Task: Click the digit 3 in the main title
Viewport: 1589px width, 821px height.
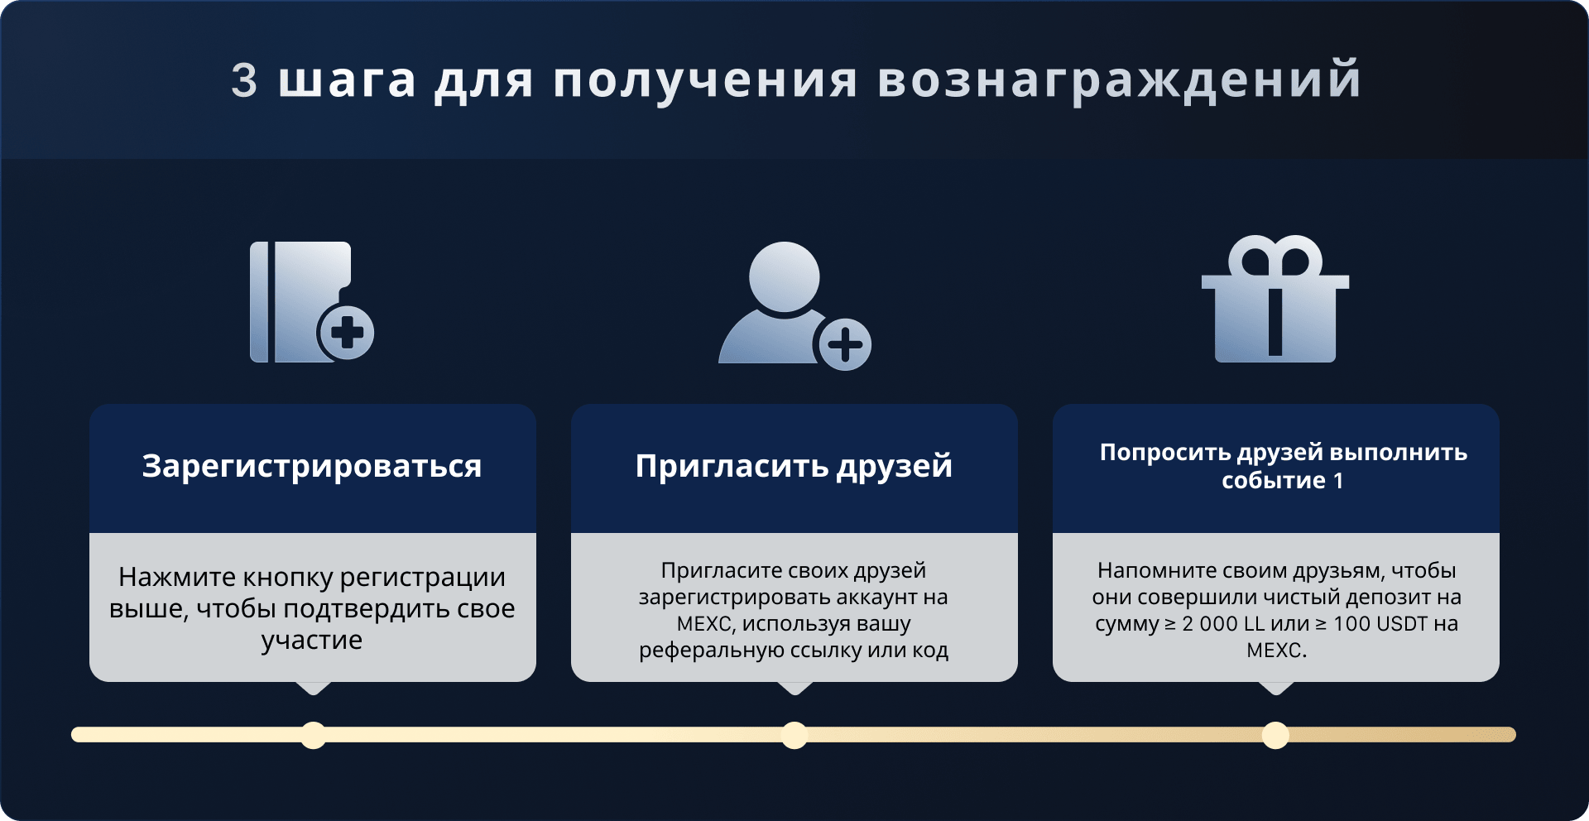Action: tap(244, 80)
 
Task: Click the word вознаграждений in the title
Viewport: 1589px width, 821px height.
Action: tap(1119, 81)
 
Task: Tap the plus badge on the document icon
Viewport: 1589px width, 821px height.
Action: tap(347, 334)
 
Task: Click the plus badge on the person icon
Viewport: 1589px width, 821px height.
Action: tap(844, 344)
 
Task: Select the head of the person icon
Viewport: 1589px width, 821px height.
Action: tap(785, 276)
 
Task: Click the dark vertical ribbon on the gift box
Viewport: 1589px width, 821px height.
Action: tap(1275, 321)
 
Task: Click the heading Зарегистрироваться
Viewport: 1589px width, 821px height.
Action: tap(312, 467)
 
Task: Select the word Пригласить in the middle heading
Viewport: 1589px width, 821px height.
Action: tap(731, 467)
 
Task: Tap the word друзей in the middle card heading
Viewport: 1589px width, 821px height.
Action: tap(895, 467)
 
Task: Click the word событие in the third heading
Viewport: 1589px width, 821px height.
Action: tap(1274, 481)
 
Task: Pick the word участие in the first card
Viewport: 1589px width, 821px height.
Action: tap(312, 641)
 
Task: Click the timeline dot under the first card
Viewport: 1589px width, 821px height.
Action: tap(313, 735)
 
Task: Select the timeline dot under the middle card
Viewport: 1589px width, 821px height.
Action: tap(794, 735)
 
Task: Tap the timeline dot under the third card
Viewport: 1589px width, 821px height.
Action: tap(1275, 735)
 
